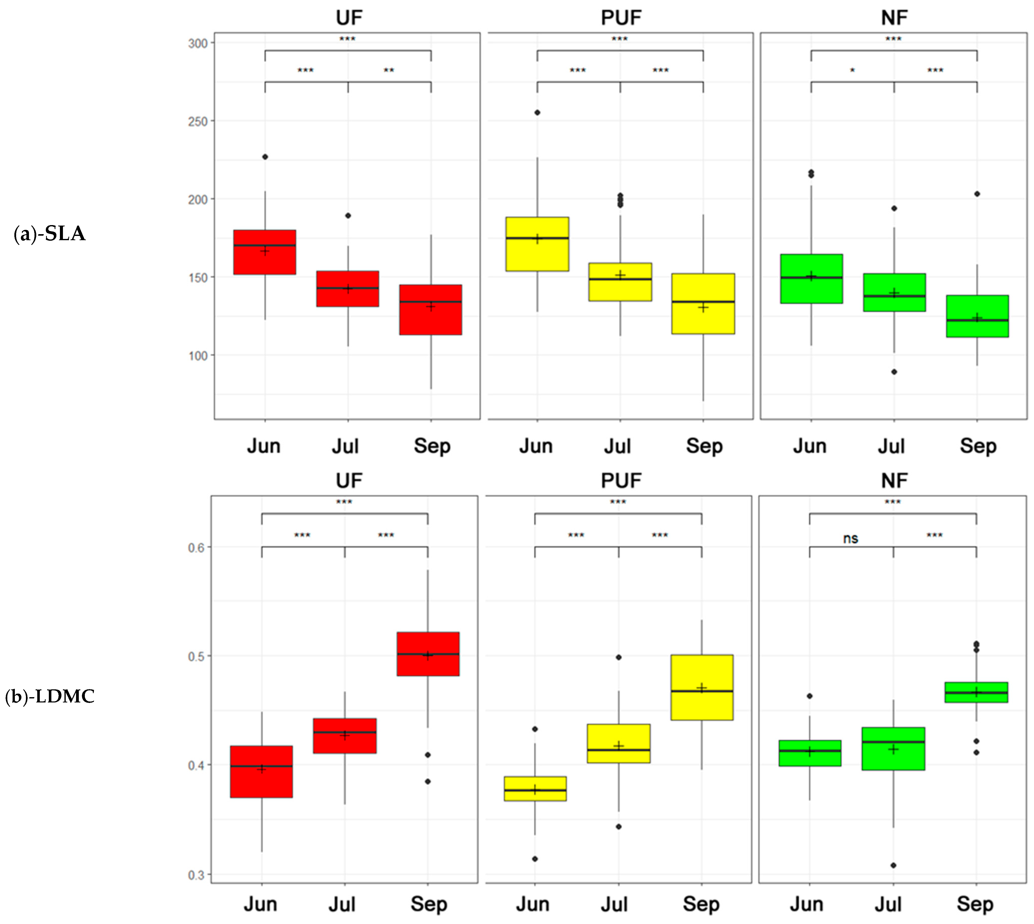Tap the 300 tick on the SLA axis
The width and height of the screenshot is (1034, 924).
198,44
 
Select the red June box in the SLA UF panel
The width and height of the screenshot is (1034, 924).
264,252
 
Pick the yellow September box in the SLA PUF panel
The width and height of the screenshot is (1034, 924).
703,304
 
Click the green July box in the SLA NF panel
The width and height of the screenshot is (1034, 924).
894,292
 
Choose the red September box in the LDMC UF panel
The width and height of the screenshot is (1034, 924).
428,654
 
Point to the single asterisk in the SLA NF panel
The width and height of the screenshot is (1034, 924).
852,70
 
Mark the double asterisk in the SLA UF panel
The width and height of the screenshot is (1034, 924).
389,70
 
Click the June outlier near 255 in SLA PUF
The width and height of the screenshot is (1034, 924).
537,113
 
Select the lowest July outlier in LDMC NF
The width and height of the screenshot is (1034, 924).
894,865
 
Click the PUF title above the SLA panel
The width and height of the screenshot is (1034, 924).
621,18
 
